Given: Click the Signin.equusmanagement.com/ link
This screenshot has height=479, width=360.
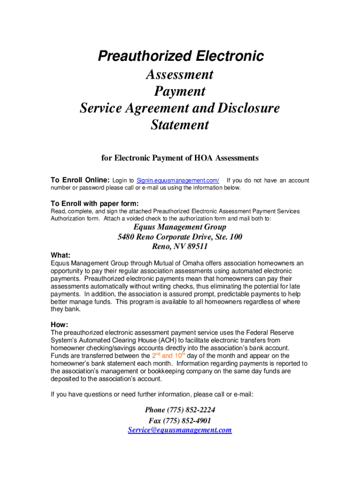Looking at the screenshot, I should pyautogui.click(x=178, y=181).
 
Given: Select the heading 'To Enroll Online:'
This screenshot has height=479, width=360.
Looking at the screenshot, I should pyautogui.click(x=80, y=181).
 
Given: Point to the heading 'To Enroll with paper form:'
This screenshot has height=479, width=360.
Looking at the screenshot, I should pyautogui.click(x=94, y=203).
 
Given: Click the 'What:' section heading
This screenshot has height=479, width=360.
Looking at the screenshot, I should pyautogui.click(x=60, y=255).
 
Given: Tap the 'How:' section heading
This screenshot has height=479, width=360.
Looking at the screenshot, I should pyautogui.click(x=59, y=325).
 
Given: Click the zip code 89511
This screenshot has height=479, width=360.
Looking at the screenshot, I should pyautogui.click(x=196, y=247).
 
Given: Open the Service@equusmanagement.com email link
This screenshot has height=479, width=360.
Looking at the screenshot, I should pyautogui.click(x=180, y=430).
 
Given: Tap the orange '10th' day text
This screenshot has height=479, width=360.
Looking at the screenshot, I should pyautogui.click(x=180, y=355).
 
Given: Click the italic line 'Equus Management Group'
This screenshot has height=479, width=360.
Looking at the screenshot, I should pyautogui.click(x=180, y=227).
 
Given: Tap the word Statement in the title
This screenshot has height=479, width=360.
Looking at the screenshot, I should pyautogui.click(x=180, y=125).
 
